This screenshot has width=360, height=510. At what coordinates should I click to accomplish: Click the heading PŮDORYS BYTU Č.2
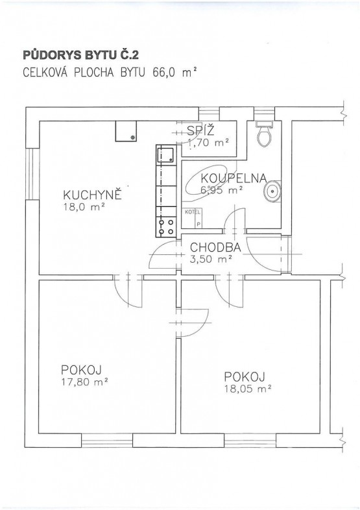coord(80,55)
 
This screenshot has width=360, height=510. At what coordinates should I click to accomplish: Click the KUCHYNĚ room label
coord(92,195)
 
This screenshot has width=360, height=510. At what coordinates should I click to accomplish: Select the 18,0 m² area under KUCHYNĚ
coord(84,207)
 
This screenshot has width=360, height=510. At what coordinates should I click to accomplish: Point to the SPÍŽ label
coord(201,131)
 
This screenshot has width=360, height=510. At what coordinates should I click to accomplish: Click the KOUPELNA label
coord(234,178)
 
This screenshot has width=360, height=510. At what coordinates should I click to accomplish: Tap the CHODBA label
coord(215,247)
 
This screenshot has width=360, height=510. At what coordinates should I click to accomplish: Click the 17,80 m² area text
coord(84,382)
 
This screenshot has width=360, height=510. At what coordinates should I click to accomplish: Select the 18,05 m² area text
coord(248,389)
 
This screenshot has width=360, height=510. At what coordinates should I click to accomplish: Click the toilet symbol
coord(264,134)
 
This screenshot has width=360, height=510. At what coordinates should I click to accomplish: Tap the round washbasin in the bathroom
coord(272,191)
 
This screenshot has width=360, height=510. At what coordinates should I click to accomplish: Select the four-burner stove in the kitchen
coord(166,226)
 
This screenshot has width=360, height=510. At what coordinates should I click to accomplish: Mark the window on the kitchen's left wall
coord(32,175)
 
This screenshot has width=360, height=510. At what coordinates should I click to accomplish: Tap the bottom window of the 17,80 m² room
coord(107,440)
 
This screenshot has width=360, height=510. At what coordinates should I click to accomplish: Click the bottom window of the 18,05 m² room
coord(250,440)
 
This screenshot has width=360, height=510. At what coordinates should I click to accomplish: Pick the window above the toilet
coord(264,114)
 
